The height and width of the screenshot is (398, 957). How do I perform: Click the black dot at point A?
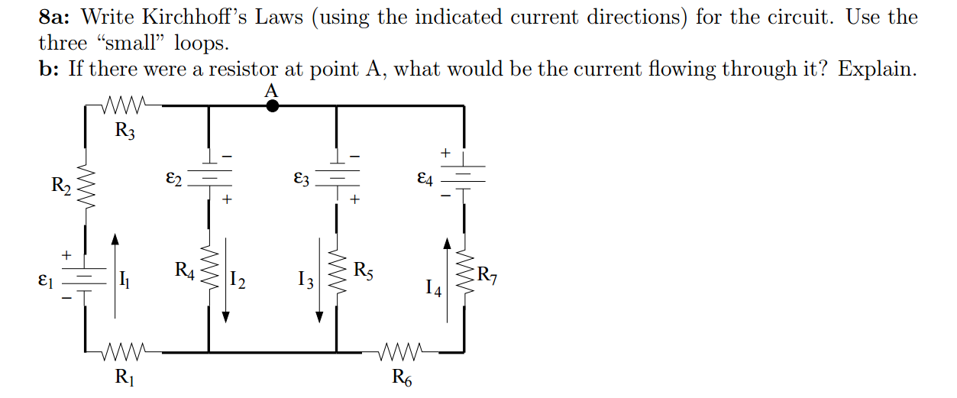point(271,106)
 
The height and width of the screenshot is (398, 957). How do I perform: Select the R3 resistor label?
point(124,131)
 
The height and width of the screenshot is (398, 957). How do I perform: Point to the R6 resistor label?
point(402,376)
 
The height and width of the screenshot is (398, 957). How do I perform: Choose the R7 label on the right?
point(487,276)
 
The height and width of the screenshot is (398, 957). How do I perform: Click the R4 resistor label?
point(185,270)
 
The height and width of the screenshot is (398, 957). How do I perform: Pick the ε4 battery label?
point(425,180)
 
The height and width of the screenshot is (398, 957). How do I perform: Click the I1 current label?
point(126,280)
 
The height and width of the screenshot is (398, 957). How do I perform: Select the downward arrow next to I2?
point(226,283)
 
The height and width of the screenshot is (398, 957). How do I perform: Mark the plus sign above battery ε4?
point(445,154)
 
